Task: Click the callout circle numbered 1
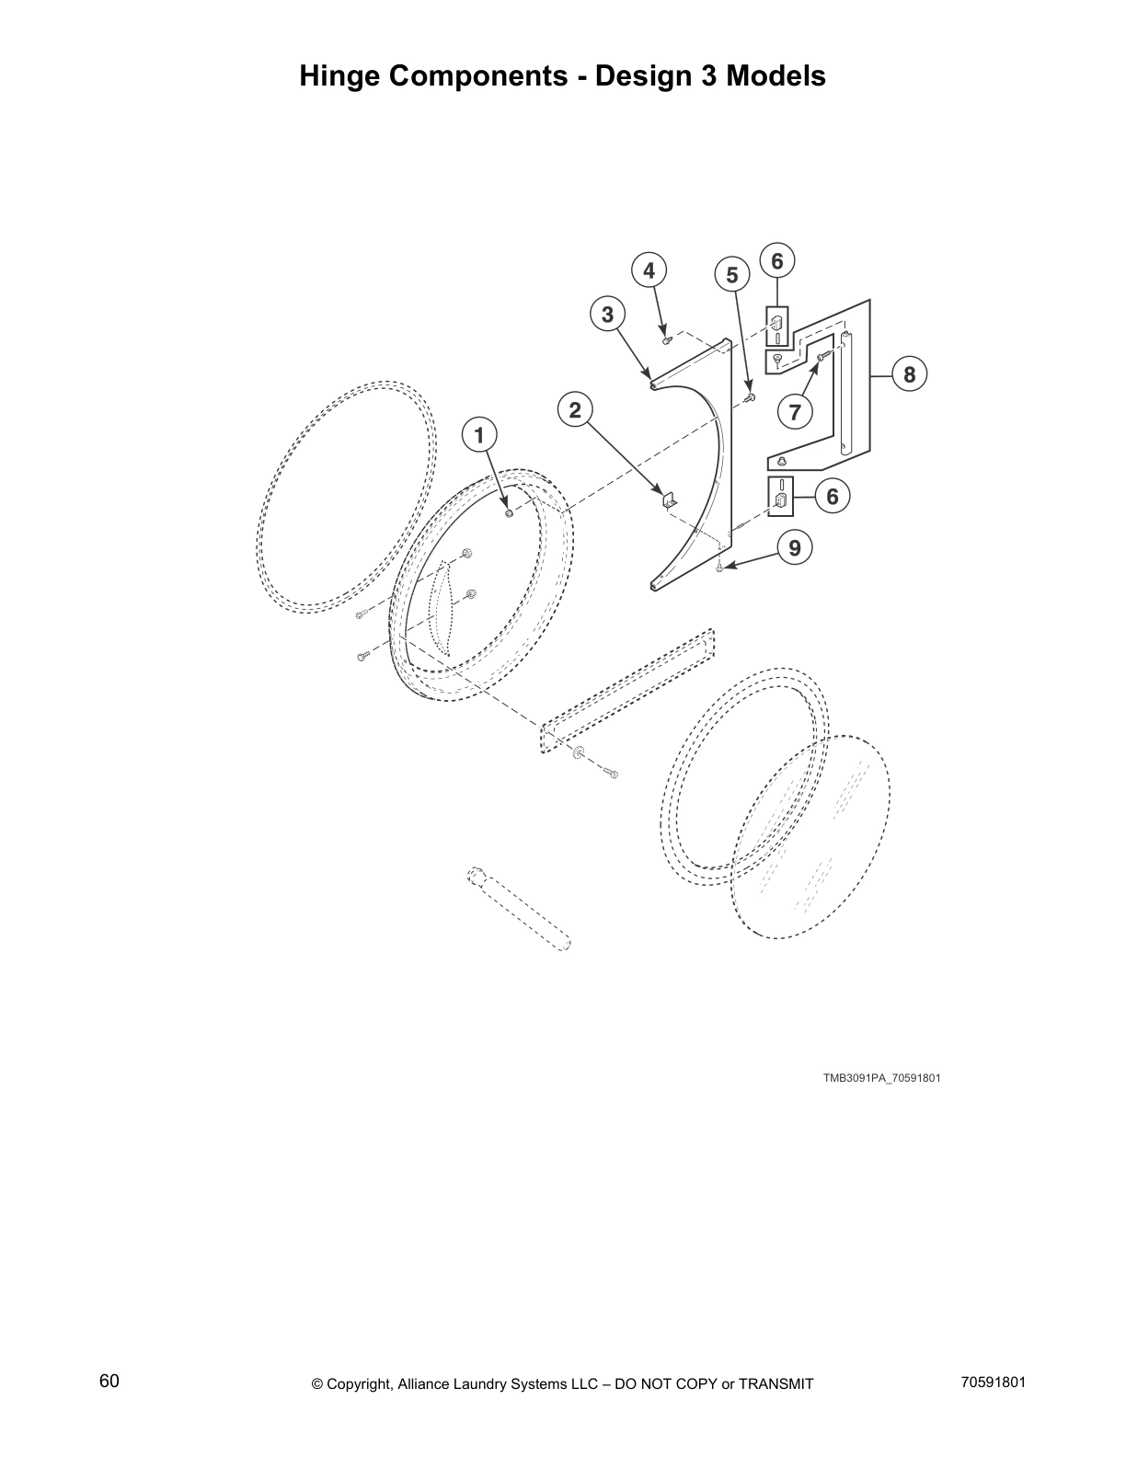[478, 434]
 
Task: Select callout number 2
[576, 409]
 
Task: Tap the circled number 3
[607, 315]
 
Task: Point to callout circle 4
[649, 270]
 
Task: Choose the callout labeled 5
[732, 275]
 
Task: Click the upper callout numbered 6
[777, 261]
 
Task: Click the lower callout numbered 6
[833, 497]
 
